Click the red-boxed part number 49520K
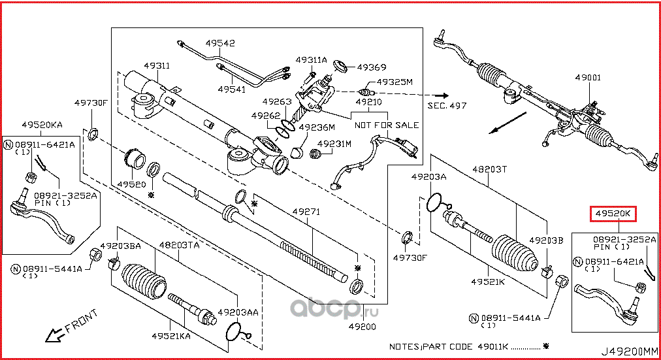(x=613, y=214)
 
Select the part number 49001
(x=588, y=76)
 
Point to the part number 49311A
(x=311, y=59)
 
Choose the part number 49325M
(x=396, y=82)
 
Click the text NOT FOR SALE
(x=387, y=125)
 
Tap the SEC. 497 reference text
(x=447, y=105)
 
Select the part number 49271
(x=305, y=212)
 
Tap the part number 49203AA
(x=238, y=312)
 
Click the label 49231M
(x=334, y=143)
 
